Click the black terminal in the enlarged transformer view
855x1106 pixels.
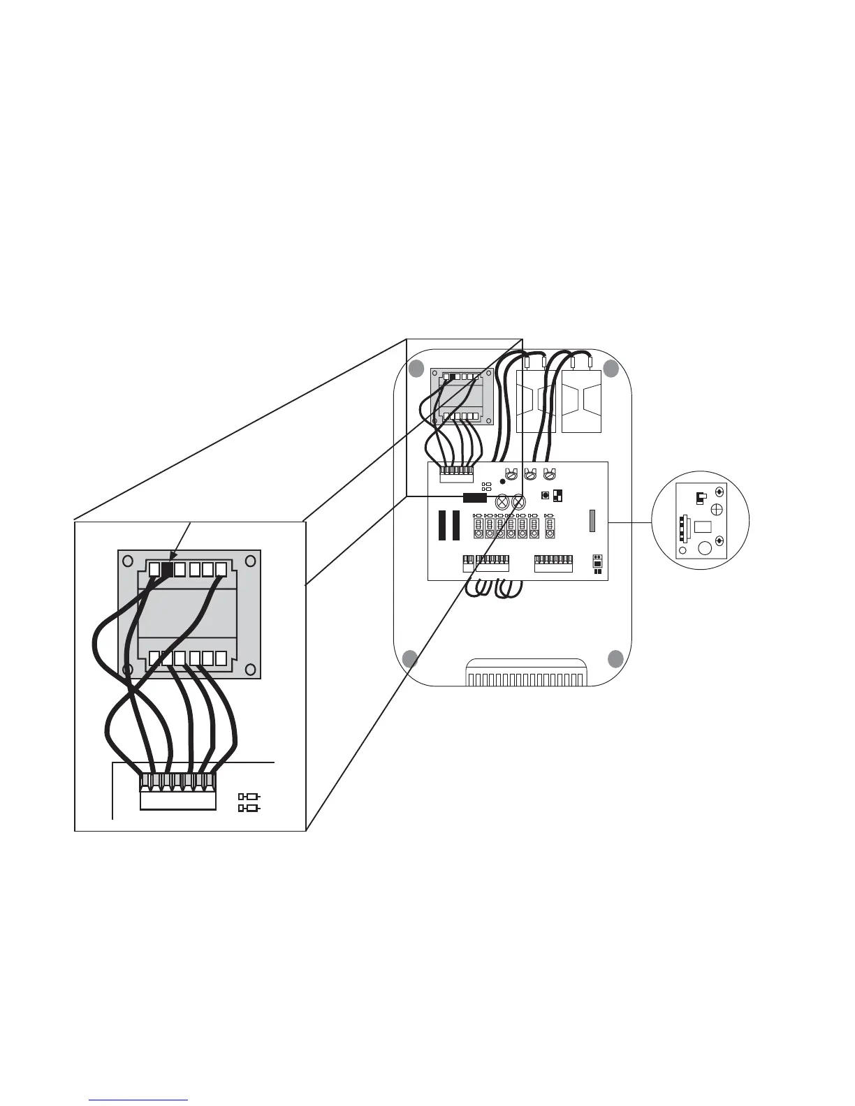click(167, 569)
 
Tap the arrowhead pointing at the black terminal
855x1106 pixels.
click(172, 557)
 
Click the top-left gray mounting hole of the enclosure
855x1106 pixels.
click(416, 368)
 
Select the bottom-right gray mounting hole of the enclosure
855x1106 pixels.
click(615, 658)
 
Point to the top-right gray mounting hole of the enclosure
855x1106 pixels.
click(611, 369)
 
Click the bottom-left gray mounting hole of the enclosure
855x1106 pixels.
click(411, 658)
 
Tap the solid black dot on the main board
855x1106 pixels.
click(503, 482)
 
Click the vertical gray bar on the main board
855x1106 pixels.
click(592, 524)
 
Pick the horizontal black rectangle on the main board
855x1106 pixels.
click(474, 498)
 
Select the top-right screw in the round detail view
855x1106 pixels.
click(719, 492)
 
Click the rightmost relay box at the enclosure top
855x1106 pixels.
click(582, 401)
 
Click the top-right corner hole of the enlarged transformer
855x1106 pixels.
click(249, 561)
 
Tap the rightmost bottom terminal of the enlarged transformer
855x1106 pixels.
click(221, 658)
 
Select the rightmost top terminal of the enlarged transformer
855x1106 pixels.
click(221, 569)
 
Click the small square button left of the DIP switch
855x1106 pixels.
click(546, 496)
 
